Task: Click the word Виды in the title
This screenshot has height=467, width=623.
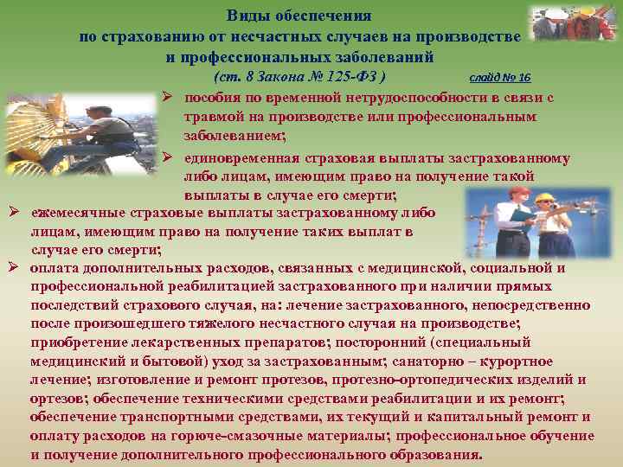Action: click(246, 16)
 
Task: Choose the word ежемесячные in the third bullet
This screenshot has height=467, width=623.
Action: click(74, 212)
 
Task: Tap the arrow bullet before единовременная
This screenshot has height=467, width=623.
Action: click(169, 158)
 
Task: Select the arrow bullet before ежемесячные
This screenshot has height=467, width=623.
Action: click(15, 212)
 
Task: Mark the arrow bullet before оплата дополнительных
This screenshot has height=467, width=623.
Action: click(15, 268)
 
